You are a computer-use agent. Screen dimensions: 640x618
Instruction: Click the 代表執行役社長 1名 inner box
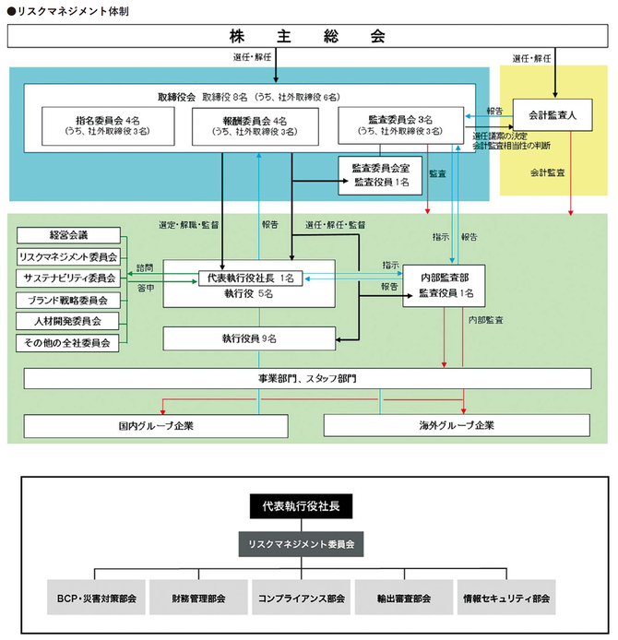(x=249, y=278)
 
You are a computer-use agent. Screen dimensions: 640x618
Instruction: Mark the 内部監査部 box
(x=445, y=285)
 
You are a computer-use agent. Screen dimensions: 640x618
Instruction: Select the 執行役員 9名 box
(x=249, y=339)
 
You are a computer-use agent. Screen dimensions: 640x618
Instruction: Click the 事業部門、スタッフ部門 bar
(x=307, y=379)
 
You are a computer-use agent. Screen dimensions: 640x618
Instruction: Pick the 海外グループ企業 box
(x=457, y=426)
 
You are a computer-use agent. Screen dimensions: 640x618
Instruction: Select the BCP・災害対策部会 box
(x=96, y=599)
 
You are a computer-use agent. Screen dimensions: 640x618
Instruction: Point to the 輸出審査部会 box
(x=405, y=599)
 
